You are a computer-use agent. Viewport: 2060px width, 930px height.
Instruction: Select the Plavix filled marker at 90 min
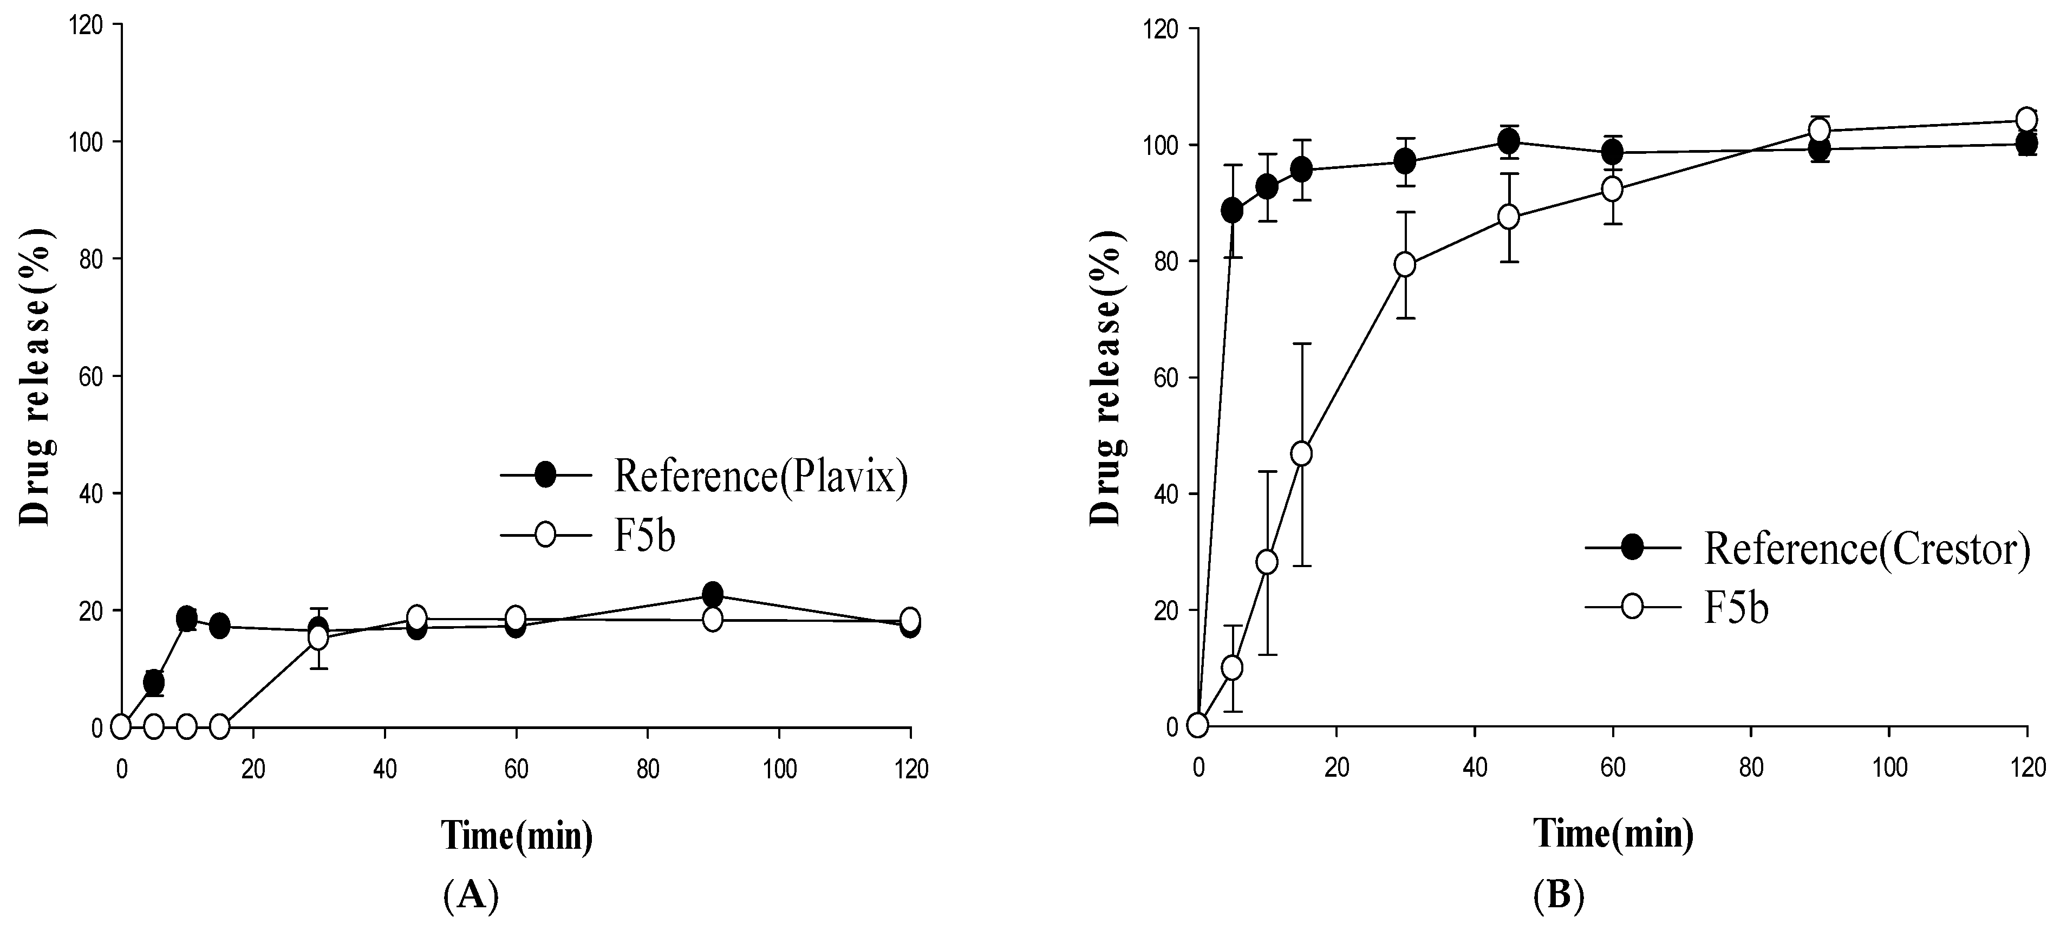[x=713, y=594]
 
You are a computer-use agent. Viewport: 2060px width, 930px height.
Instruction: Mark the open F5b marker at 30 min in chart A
[x=318, y=638]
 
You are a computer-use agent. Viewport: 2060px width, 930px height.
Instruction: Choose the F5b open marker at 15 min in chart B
[x=1302, y=453]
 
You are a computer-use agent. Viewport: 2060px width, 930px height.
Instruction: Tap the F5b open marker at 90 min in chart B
[x=1820, y=131]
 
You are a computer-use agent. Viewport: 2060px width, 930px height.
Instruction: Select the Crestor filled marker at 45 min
[x=1508, y=141]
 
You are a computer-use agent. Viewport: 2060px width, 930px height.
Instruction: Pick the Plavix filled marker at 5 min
[x=154, y=682]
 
